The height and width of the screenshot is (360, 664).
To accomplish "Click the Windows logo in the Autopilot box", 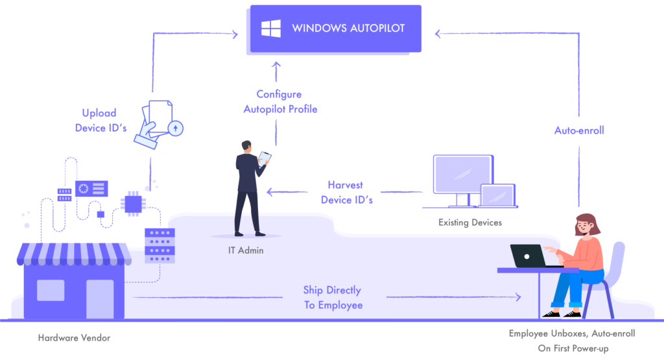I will pos(271,29).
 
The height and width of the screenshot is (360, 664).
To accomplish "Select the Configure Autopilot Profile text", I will pos(280,102).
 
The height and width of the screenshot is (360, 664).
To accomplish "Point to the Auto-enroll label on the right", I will pos(579,130).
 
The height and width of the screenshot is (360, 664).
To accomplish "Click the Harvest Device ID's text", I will pos(346,193).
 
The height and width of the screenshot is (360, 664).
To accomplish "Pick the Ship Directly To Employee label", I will pos(333,297).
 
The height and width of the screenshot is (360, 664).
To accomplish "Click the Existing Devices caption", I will pos(469,223).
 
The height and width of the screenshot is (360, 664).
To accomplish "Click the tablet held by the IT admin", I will pos(265,158).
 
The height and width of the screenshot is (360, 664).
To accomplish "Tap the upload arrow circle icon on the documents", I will pos(174,128).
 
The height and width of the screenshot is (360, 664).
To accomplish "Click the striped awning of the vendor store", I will pos(74,254).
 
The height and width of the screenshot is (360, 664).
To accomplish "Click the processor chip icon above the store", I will pos(133,203).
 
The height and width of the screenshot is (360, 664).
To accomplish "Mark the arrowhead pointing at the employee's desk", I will pos(517,297).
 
